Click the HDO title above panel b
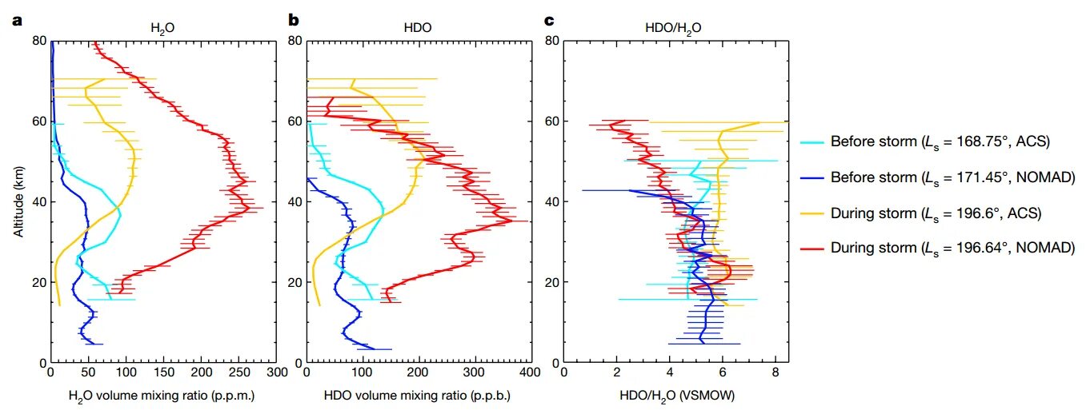(419, 27)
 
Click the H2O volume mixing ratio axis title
(162, 396)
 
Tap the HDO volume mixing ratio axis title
(417, 396)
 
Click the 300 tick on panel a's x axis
(276, 373)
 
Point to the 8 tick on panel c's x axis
(775, 373)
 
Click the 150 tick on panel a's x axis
(163, 373)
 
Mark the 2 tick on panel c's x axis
(617, 373)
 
